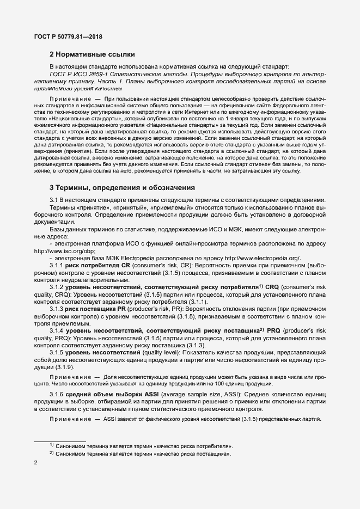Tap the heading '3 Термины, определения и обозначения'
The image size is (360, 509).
click(123, 188)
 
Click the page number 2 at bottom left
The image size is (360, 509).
click(36, 463)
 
